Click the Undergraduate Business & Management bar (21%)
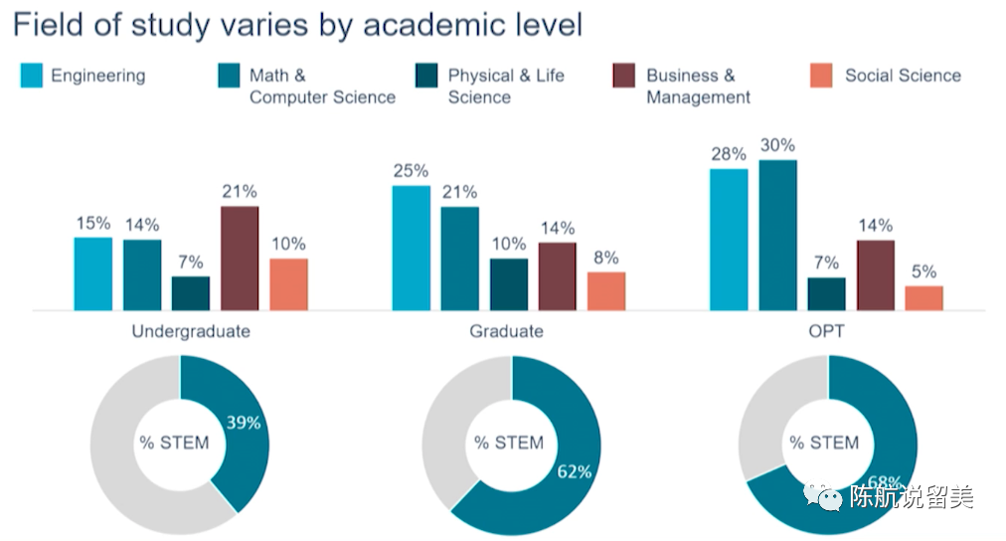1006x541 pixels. [x=240, y=258]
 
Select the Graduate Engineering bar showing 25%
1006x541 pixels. [x=411, y=248]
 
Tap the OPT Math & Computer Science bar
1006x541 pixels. [x=777, y=235]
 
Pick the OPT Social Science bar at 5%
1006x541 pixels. [x=923, y=297]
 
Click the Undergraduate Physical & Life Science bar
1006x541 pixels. [x=191, y=292]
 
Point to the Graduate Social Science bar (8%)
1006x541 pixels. [x=606, y=290]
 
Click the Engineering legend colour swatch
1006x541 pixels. [x=32, y=76]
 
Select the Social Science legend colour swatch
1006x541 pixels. [x=821, y=76]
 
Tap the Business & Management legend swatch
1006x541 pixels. [x=623, y=76]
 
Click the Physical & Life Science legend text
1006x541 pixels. [x=505, y=87]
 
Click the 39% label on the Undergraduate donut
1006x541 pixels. [x=243, y=423]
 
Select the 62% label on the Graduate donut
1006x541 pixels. [x=574, y=471]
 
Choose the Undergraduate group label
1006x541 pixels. [x=191, y=331]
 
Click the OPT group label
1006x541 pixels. [x=826, y=331]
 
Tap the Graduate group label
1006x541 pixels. [x=506, y=331]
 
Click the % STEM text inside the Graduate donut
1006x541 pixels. [x=508, y=443]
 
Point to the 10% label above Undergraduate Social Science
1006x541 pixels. [x=288, y=244]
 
